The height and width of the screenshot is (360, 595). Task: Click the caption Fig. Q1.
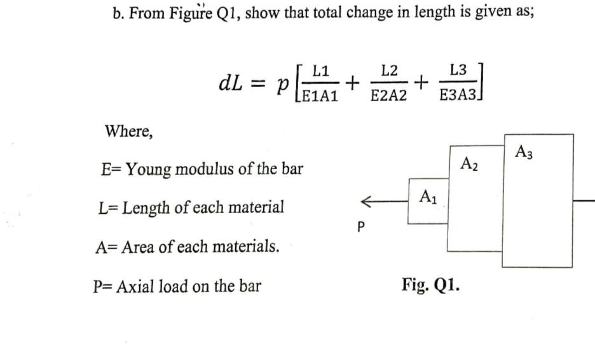click(x=430, y=284)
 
